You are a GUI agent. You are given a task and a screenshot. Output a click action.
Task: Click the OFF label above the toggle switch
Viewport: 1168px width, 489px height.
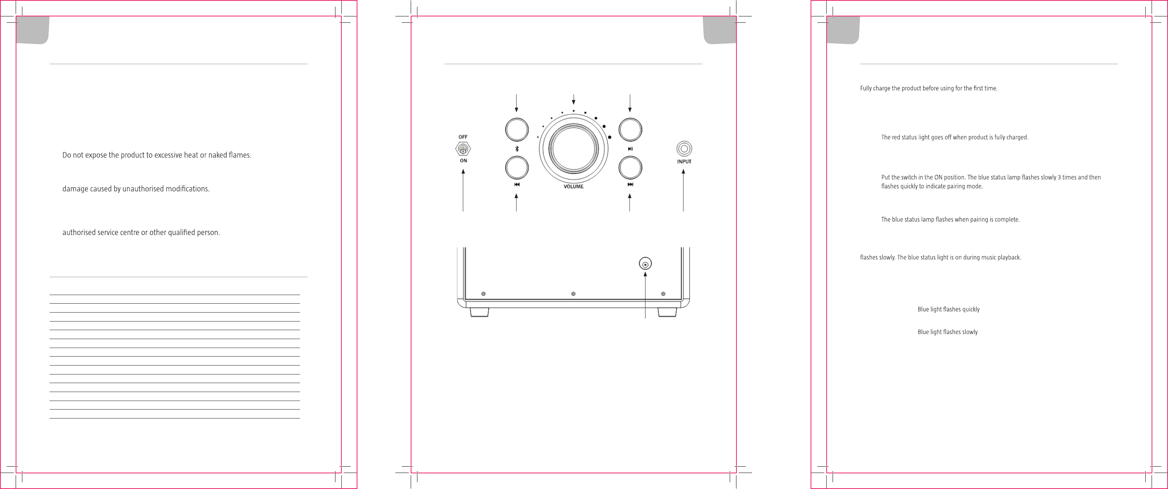coord(463,137)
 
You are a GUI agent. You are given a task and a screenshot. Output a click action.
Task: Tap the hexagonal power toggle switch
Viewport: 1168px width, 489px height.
coord(463,149)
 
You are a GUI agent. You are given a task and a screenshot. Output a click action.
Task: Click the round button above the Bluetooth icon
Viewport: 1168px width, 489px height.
coord(517,130)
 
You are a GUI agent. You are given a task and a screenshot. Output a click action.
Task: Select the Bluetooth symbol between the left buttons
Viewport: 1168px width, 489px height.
coord(517,149)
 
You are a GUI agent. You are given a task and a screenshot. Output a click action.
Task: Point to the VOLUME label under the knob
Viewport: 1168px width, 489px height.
coord(574,187)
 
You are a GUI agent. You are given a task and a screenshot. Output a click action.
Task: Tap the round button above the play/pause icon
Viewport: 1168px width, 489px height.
coord(630,130)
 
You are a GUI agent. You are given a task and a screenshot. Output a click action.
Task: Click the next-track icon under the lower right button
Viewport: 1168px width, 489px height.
coord(630,185)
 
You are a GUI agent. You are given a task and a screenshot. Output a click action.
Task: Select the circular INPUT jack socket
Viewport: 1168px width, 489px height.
coord(684,149)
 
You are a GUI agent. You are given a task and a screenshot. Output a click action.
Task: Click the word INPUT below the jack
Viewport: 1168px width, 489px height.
coord(684,162)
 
